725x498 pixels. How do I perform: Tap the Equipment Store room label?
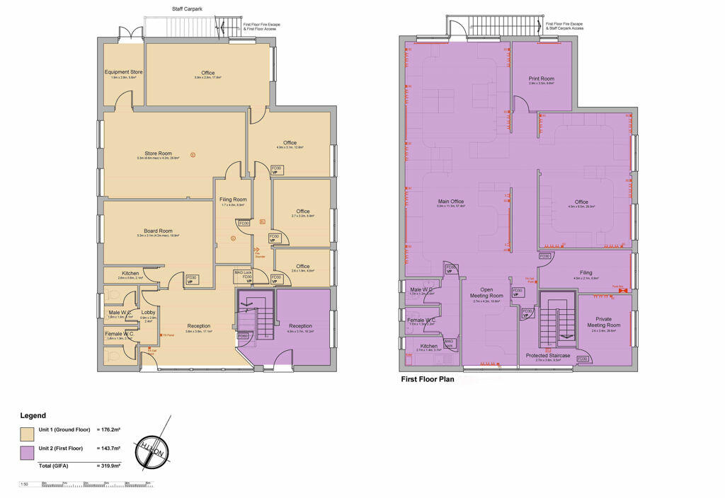(124, 71)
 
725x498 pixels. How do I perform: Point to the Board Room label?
(159, 231)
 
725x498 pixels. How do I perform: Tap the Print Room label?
(541, 79)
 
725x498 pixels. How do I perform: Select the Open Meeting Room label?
(486, 292)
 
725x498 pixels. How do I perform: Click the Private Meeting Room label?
(604, 322)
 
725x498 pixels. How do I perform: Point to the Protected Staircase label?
(548, 355)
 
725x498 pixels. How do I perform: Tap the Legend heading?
(33, 415)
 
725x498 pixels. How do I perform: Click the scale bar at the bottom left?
(85, 484)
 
